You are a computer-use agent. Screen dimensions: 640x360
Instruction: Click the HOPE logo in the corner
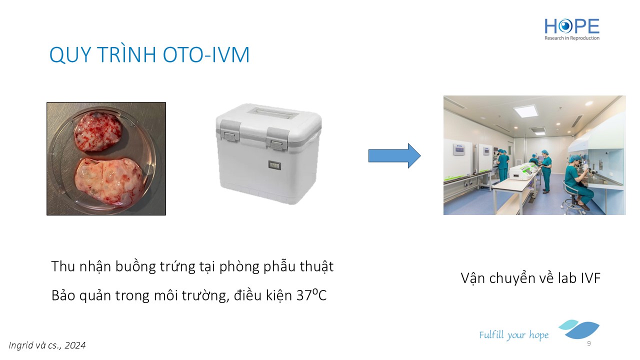coord(572,29)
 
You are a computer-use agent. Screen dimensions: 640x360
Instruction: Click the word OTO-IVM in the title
coord(206,54)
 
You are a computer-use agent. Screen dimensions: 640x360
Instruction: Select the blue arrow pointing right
coord(394,155)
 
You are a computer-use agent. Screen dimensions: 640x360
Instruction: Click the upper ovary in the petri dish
coord(98,131)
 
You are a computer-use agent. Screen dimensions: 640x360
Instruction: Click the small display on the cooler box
coord(274,165)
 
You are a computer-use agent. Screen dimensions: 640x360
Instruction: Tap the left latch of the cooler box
coord(229,131)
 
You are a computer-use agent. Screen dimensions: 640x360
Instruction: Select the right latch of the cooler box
coord(276,139)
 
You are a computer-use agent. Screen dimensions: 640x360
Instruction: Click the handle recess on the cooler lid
coord(273,113)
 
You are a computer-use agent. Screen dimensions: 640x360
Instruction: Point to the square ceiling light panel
coord(525,111)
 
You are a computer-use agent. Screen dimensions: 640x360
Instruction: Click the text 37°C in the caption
coord(311,295)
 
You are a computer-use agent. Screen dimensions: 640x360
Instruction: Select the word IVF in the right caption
coord(590,278)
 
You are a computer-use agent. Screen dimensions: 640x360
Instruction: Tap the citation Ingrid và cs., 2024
coord(47,345)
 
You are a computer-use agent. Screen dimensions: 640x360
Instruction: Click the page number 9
coord(589,343)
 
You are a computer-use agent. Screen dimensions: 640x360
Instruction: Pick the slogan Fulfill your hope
coord(513,335)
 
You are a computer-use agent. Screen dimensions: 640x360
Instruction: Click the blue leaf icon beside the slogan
coord(579,329)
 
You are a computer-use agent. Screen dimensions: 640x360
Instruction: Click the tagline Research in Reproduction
coord(572,38)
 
